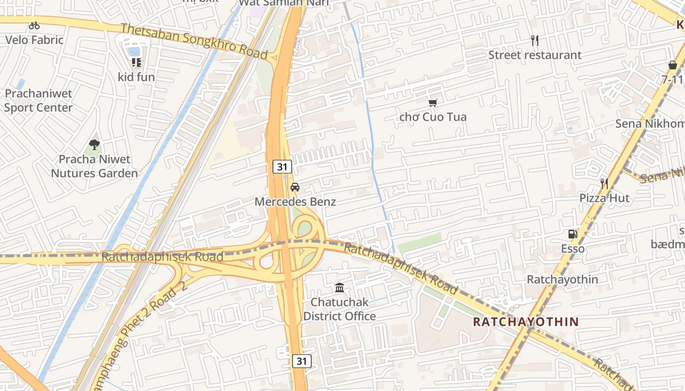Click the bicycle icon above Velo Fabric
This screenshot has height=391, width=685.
(x=34, y=25)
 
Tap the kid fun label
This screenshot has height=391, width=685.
(x=136, y=77)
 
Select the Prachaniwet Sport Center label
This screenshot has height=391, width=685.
(x=38, y=101)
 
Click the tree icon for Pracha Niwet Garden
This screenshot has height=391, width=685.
(x=94, y=145)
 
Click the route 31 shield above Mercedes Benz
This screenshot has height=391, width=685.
(x=282, y=167)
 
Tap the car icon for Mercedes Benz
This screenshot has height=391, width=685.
(x=295, y=187)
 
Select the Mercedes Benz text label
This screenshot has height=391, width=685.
(x=295, y=201)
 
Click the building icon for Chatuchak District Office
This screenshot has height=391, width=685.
(x=340, y=287)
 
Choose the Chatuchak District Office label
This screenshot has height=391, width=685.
(x=340, y=309)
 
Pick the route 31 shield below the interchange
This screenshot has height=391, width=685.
(x=302, y=361)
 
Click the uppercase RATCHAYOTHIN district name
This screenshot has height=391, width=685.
(x=526, y=322)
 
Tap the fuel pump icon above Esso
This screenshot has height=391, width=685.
(x=573, y=234)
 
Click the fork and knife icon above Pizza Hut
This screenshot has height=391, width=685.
(x=605, y=184)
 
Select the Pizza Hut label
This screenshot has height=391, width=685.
(x=605, y=198)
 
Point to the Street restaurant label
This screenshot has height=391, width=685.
(x=535, y=55)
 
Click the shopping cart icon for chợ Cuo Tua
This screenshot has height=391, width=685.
(x=433, y=103)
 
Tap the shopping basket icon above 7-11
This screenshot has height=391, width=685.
(x=673, y=65)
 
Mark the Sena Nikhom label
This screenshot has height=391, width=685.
(x=650, y=124)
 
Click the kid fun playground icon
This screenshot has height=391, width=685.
(x=136, y=63)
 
